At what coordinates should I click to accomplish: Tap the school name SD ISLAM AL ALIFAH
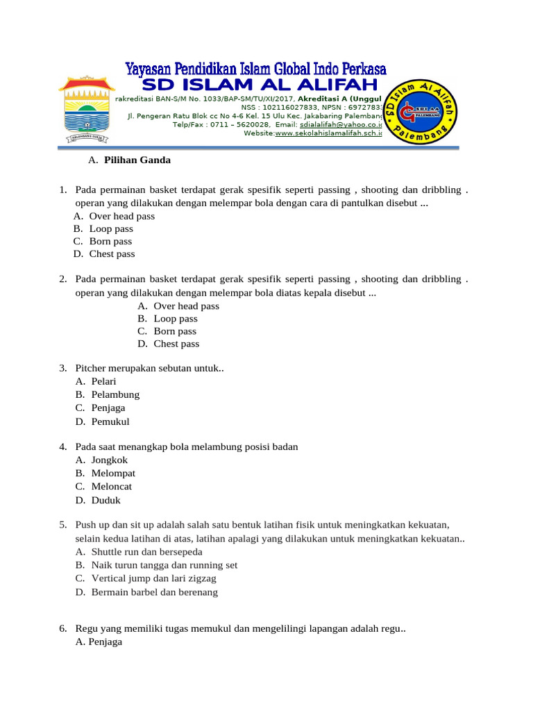260,85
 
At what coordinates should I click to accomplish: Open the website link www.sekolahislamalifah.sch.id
328,133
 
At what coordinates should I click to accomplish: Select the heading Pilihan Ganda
137,160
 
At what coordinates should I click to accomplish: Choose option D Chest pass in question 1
112,254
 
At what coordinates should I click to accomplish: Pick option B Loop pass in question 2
176,319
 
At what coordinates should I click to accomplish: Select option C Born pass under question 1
110,242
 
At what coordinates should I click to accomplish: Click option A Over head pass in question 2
186,306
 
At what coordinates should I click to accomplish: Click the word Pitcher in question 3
91,369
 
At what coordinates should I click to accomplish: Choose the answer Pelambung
115,395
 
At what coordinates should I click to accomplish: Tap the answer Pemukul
110,421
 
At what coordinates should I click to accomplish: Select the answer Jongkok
110,460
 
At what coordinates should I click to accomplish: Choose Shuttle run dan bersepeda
146,552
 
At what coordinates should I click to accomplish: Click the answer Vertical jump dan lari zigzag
154,578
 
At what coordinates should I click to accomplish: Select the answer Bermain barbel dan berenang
154,592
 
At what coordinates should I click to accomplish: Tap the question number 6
62,629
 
